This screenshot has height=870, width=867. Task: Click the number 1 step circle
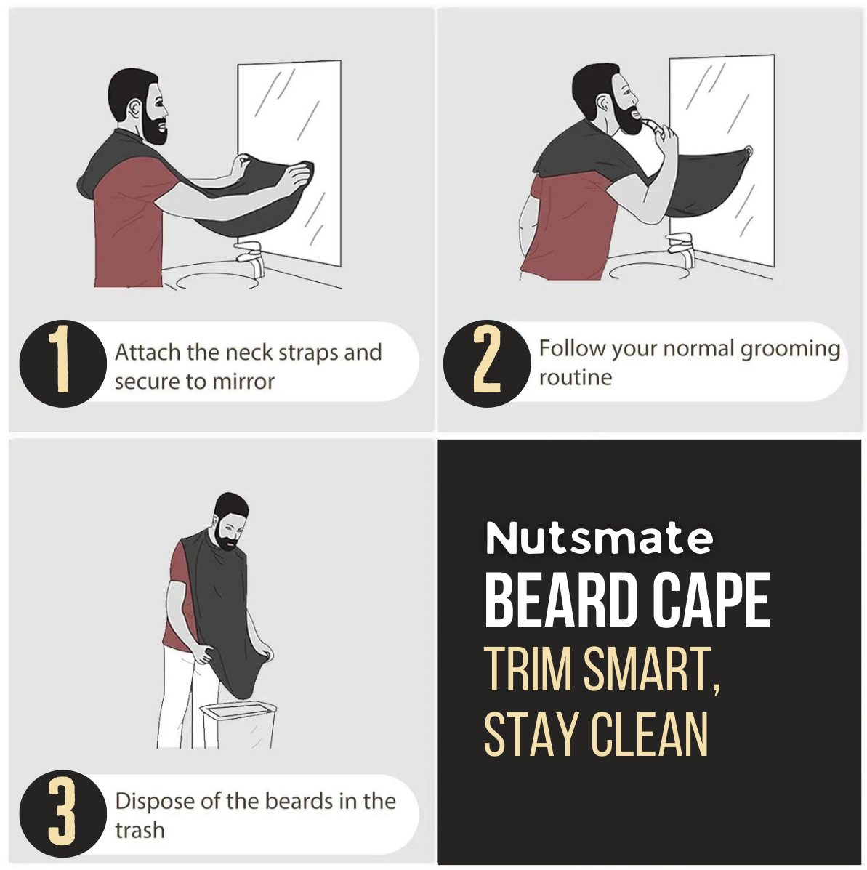click(62, 363)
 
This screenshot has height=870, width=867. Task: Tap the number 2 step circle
click(486, 363)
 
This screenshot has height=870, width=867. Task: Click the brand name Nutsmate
click(599, 539)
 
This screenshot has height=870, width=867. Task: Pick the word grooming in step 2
click(790, 349)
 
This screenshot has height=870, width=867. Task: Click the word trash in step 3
click(140, 830)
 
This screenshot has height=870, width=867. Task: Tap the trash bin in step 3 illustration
click(238, 724)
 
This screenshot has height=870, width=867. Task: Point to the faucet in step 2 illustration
click(681, 246)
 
